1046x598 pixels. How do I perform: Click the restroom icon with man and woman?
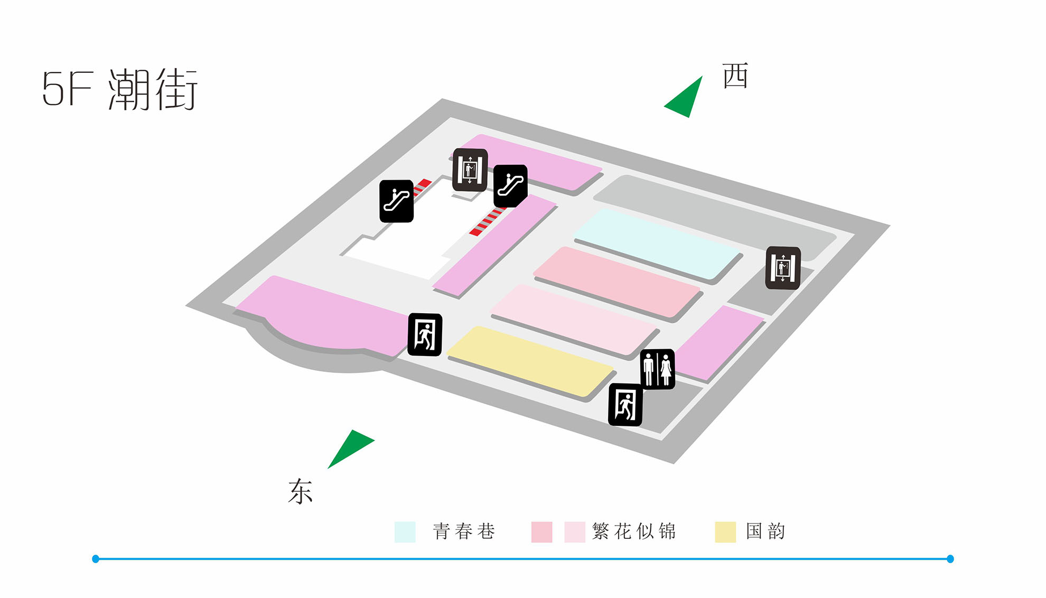657,369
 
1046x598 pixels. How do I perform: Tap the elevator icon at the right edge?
783,268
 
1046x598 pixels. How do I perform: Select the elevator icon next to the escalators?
470,170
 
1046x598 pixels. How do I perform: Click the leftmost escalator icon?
396,201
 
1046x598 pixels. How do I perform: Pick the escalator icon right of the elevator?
510,186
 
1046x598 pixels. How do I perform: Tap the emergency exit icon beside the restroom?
625,405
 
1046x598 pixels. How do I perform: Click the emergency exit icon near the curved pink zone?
425,335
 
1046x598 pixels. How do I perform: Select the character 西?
735,76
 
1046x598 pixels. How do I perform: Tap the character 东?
300,491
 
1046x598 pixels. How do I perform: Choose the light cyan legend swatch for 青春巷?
405,532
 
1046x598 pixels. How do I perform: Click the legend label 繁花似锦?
634,531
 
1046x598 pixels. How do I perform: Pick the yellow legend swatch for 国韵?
725,532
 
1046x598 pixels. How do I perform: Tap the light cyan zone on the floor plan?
657,243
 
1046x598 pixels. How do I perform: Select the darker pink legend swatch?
541,532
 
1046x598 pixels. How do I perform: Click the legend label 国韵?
765,531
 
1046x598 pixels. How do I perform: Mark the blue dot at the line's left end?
96,559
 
